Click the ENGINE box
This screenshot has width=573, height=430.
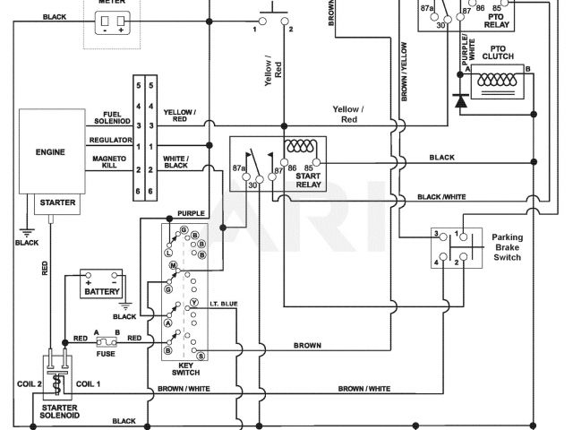pyautogui.click(x=52, y=152)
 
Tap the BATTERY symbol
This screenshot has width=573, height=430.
pyautogui.click(x=101, y=291)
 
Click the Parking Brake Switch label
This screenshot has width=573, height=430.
pyautogui.click(x=513, y=247)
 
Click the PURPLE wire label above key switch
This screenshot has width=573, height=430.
pyautogui.click(x=191, y=213)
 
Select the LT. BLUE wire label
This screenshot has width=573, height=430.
pyautogui.click(x=224, y=305)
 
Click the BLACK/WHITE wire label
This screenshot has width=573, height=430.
pyautogui.click(x=442, y=197)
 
